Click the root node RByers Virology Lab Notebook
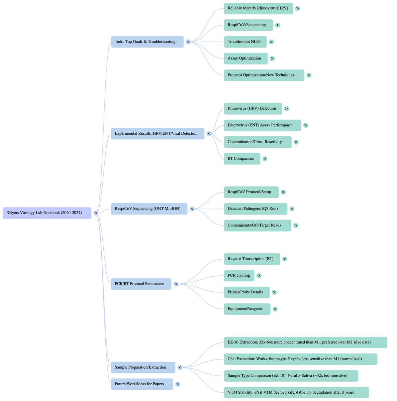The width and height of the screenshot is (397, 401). tap(47, 213)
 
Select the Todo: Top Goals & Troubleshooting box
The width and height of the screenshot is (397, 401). tap(147, 42)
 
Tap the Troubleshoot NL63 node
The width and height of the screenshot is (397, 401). tap(245, 42)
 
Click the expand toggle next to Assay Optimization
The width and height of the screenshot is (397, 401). tap(272, 58)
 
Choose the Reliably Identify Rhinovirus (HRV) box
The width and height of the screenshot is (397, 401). tap(258, 8)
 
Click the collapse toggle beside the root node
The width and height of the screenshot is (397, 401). tap(96, 213)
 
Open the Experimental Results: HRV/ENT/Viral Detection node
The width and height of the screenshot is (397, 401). tap(158, 134)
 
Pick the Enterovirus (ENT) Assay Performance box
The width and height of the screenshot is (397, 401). tap(262, 125)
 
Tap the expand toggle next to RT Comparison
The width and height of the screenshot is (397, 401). tap(265, 159)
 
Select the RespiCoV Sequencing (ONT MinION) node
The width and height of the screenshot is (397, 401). tap(149, 209)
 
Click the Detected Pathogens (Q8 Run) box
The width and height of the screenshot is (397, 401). tap(256, 209)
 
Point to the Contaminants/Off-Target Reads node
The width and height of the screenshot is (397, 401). tap(258, 226)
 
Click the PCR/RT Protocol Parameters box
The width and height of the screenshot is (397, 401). tap(141, 284)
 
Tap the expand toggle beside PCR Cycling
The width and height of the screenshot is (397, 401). tap(259, 276)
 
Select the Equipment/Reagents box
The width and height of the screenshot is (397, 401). tap(247, 309)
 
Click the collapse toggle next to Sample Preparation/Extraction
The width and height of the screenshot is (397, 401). tap(180, 368)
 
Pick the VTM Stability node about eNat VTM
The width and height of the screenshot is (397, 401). tap(296, 393)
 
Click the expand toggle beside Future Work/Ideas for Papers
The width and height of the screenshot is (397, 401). tap(178, 384)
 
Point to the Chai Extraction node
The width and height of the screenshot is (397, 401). tap(300, 359)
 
